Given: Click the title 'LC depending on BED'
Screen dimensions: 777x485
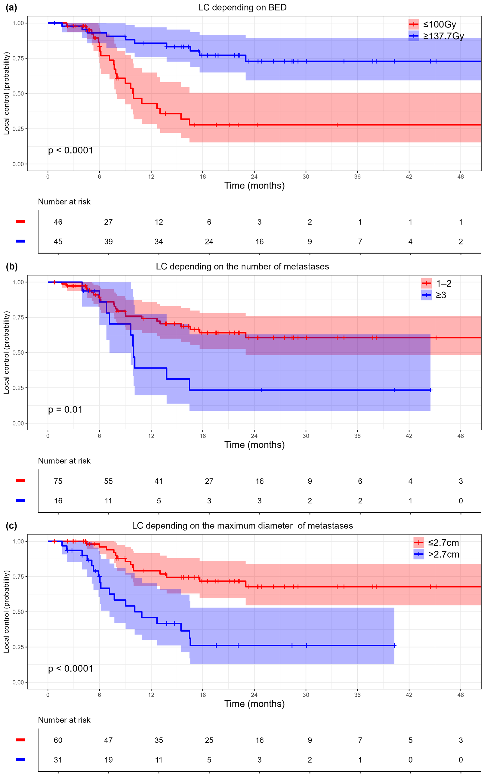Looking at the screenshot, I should pyautogui.click(x=242, y=7).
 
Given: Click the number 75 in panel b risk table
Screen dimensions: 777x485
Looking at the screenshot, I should pyautogui.click(x=58, y=481).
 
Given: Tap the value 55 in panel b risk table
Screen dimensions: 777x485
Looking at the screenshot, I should pyautogui.click(x=108, y=481).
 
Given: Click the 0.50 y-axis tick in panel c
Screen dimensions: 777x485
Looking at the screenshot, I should pyautogui.click(x=18, y=612).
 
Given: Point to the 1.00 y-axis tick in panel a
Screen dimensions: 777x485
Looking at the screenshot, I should pyautogui.click(x=18, y=23).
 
